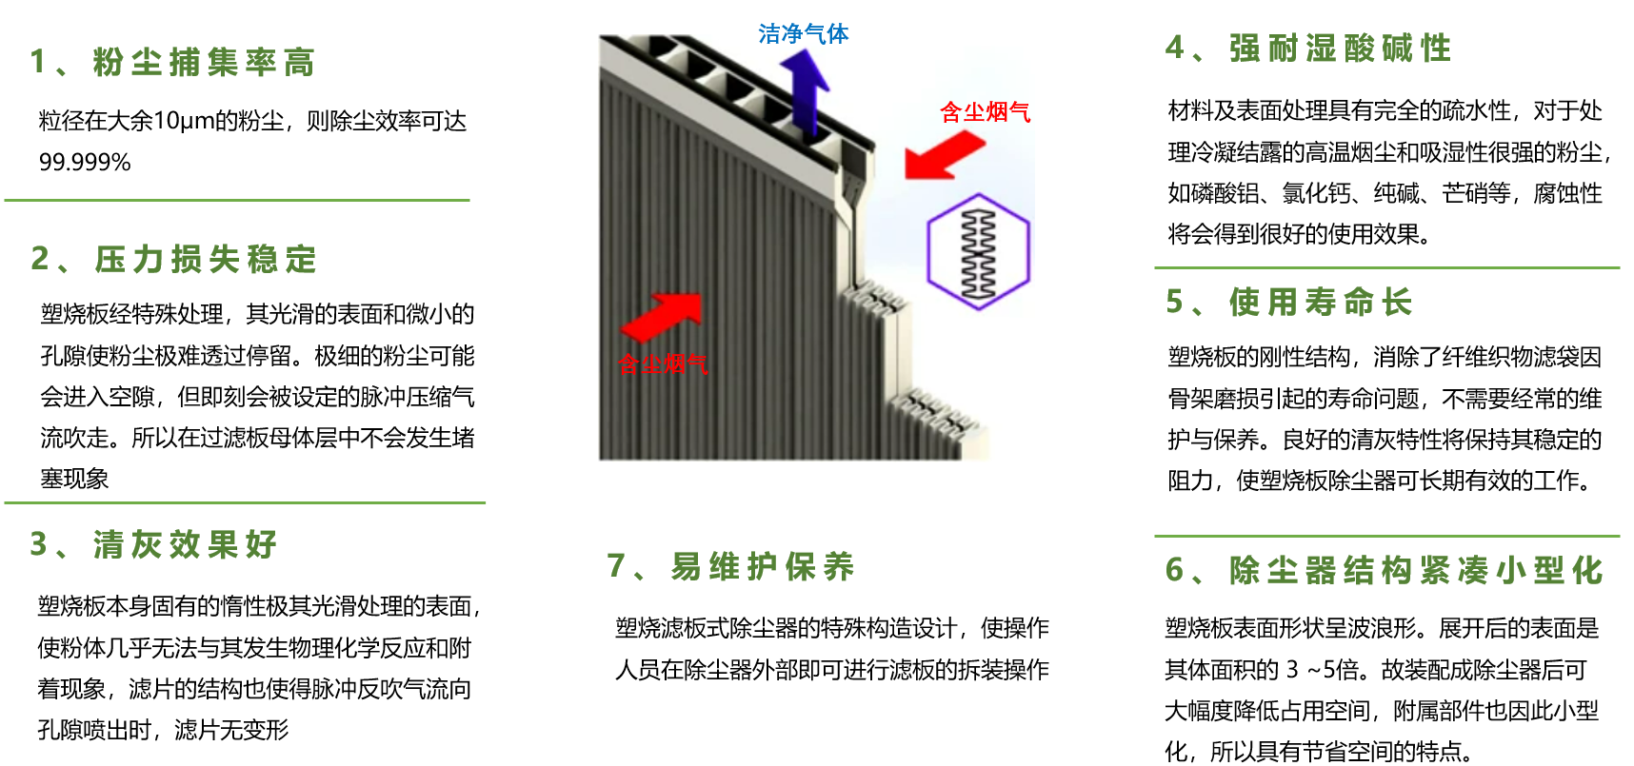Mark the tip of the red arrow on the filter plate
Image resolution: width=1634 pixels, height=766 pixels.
[x=701, y=295]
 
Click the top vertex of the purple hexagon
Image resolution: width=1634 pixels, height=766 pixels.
[x=979, y=194]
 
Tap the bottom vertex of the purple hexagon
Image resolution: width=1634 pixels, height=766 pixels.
[x=979, y=310]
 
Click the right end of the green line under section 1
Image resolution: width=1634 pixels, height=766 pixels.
[x=470, y=201]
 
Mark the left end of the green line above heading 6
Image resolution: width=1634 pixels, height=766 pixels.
[x=1155, y=537]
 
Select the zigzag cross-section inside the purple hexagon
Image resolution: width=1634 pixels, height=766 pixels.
[x=979, y=252]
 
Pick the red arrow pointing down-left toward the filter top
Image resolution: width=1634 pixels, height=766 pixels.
[x=945, y=154]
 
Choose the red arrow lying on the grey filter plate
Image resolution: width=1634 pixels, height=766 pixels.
[x=662, y=317]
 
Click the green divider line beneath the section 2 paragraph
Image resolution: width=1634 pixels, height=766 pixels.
[x=245, y=502]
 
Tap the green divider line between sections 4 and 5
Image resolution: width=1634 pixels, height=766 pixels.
[x=1387, y=268]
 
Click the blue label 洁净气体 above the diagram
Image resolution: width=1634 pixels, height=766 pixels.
[x=804, y=34]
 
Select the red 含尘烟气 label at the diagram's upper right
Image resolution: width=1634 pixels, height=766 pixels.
[x=986, y=112]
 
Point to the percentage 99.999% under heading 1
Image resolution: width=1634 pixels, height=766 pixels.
[x=85, y=163]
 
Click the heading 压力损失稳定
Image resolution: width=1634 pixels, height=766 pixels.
[x=206, y=259]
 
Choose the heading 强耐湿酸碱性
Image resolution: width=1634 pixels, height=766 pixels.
[x=1341, y=48]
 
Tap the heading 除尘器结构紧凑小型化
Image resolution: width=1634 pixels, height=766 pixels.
[x=1417, y=570]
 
